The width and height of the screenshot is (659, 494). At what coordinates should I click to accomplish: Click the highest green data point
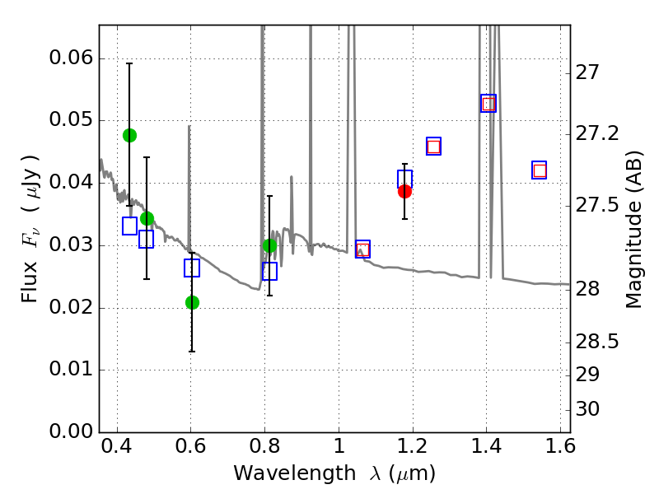pyautogui.click(x=129, y=135)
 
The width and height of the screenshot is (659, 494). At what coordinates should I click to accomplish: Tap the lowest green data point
pyautogui.click(x=192, y=302)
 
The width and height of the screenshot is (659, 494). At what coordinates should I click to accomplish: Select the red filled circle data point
pyautogui.click(x=404, y=191)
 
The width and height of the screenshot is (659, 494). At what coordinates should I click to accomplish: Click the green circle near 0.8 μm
pyautogui.click(x=269, y=245)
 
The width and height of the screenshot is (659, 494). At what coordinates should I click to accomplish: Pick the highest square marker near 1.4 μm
pyautogui.click(x=488, y=103)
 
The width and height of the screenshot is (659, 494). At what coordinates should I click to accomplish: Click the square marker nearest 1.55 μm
pyautogui.click(x=540, y=170)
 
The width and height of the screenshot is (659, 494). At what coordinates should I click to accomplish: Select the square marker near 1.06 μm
pyautogui.click(x=362, y=249)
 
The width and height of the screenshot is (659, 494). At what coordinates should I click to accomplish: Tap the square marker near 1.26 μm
pyautogui.click(x=433, y=147)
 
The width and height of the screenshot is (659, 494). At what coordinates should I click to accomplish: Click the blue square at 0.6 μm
pyautogui.click(x=192, y=268)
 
